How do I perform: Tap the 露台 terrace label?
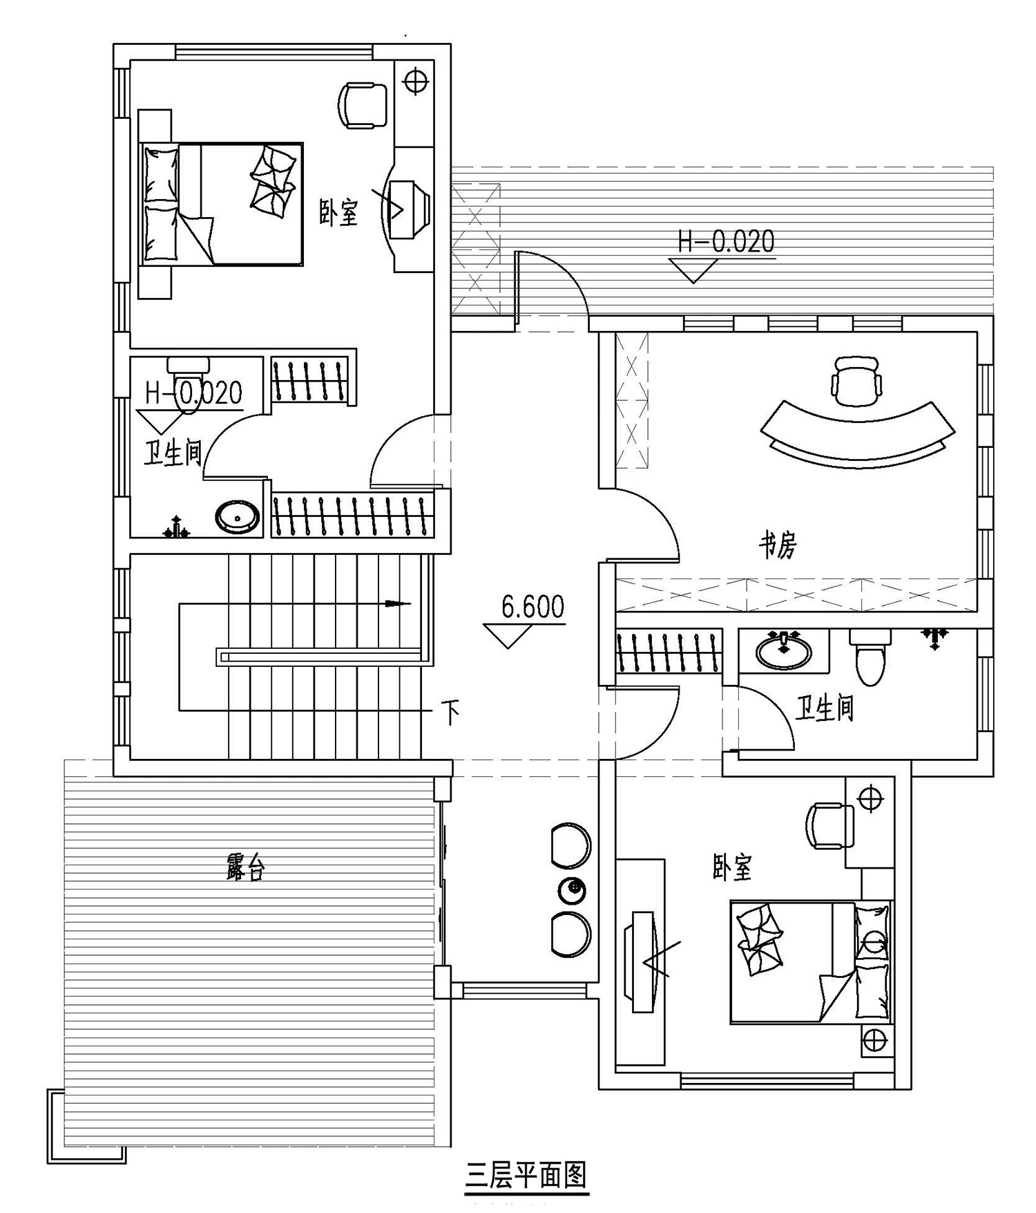pyautogui.click(x=245, y=867)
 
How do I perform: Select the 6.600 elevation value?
pyautogui.click(x=533, y=608)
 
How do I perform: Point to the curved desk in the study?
pyautogui.click(x=858, y=434)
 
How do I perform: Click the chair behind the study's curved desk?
pyautogui.click(x=857, y=381)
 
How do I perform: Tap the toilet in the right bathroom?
pyautogui.click(x=870, y=657)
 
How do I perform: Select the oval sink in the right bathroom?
pyautogui.click(x=783, y=651)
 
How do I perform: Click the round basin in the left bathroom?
pyautogui.click(x=237, y=516)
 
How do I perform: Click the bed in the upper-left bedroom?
pyautogui.click(x=221, y=204)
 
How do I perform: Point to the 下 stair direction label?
pyautogui.click(x=450, y=713)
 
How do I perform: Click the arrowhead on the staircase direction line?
pyautogui.click(x=398, y=604)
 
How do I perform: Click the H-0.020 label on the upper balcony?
pyautogui.click(x=726, y=241)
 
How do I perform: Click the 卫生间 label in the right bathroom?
pyautogui.click(x=825, y=708)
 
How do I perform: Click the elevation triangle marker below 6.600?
pyautogui.click(x=508, y=636)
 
